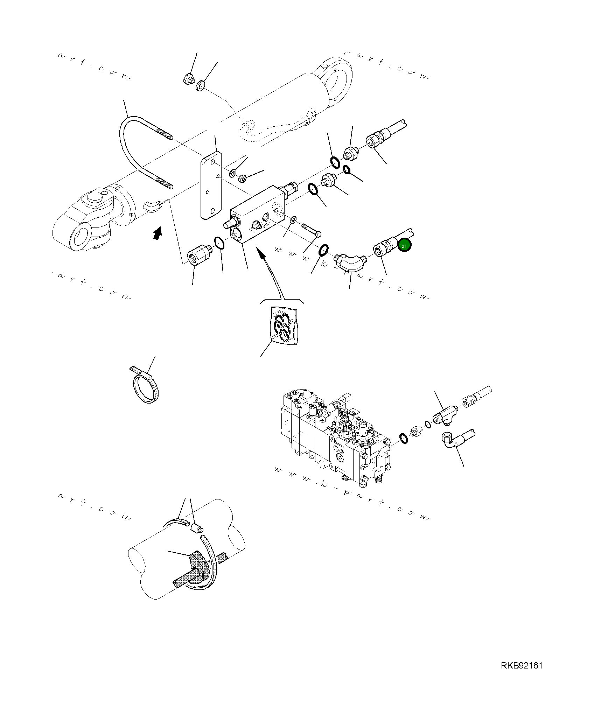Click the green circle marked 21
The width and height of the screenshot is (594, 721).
(x=404, y=246)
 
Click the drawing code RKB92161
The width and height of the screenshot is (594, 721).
(x=521, y=675)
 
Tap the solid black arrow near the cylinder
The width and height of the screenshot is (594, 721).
(x=158, y=233)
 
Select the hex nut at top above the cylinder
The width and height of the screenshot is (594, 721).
(x=188, y=79)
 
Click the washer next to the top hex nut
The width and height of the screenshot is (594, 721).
(x=201, y=85)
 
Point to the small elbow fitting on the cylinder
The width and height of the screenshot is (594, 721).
(x=152, y=205)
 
